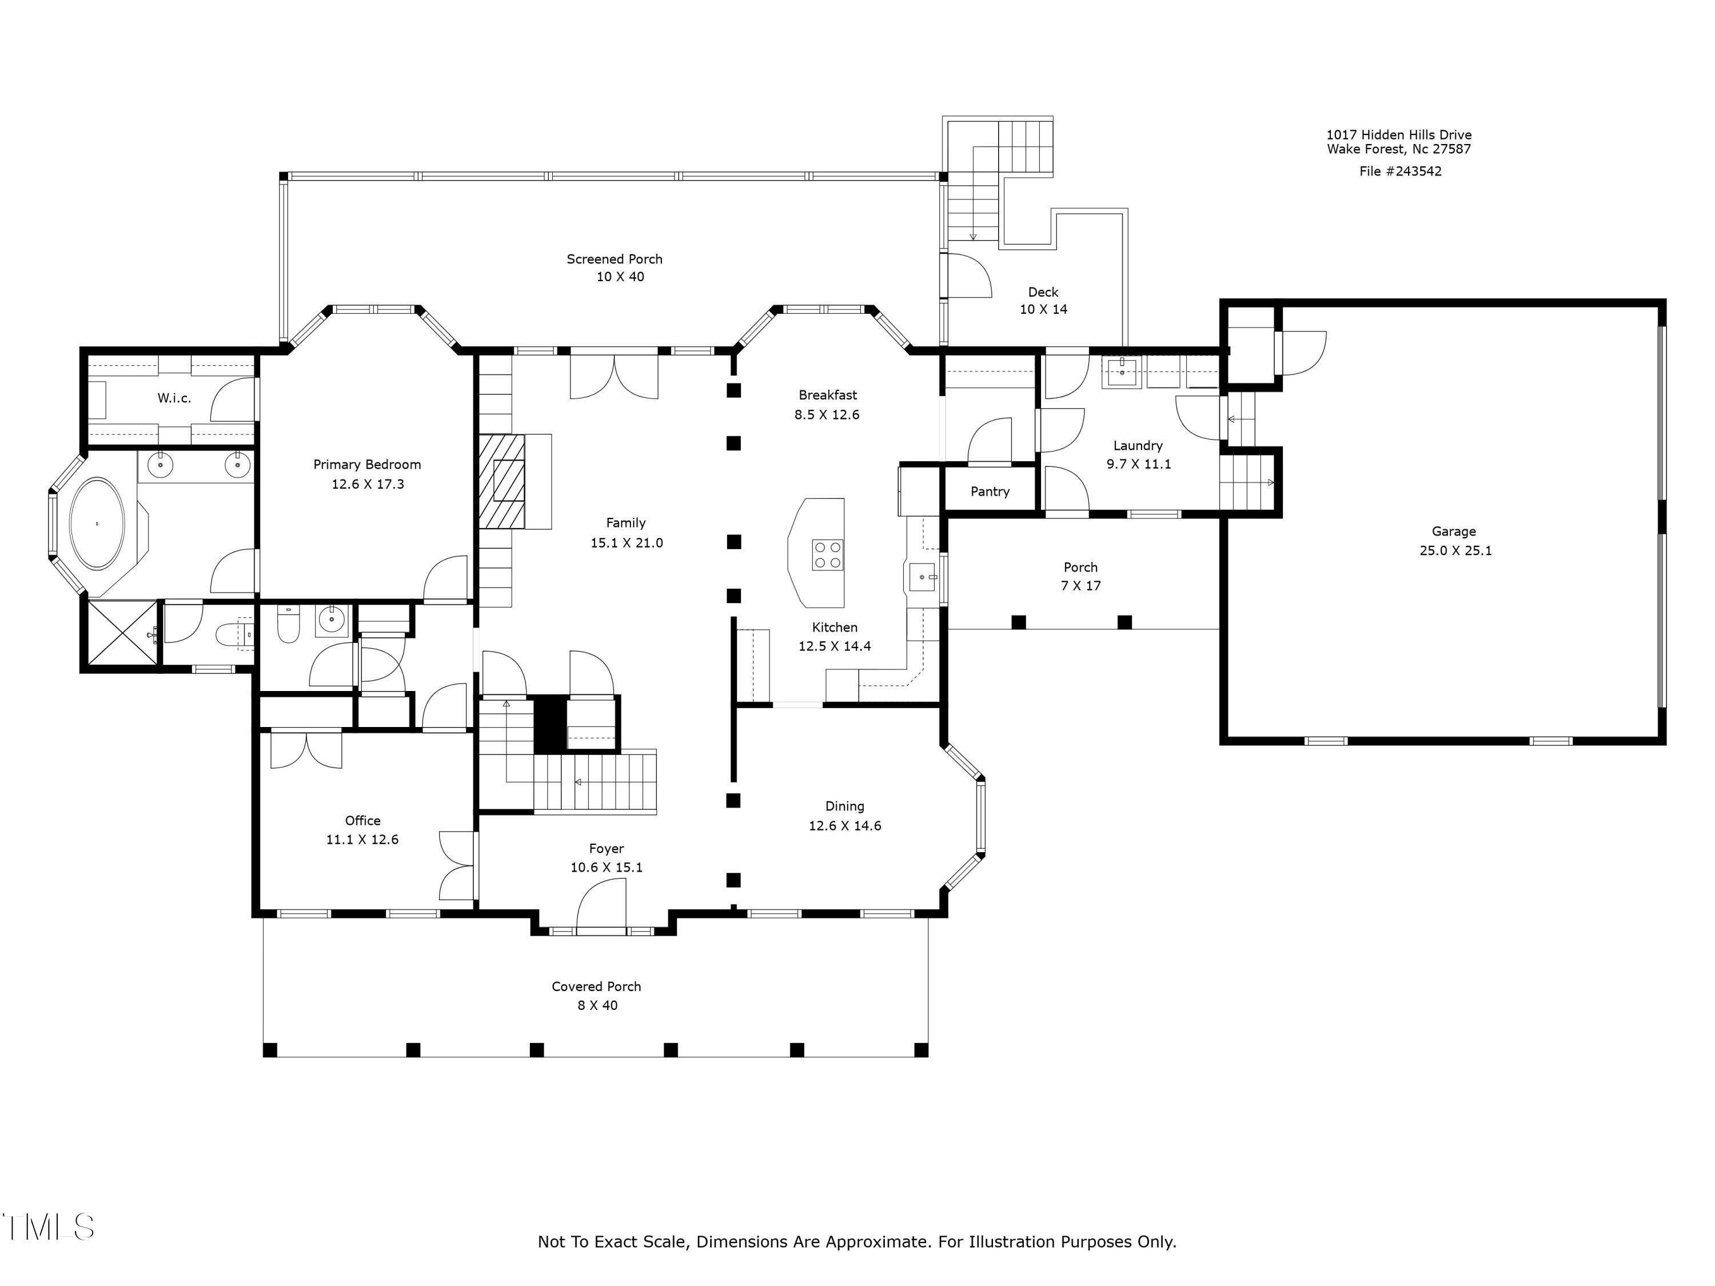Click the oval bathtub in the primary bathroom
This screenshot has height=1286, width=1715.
click(x=97, y=524)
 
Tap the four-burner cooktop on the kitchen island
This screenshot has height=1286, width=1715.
click(x=827, y=555)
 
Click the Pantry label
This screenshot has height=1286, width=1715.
click(x=990, y=492)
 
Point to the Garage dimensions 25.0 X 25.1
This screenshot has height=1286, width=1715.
click(x=1455, y=551)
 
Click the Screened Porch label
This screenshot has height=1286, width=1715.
click(x=615, y=259)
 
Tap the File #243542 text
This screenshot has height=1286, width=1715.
click(x=1400, y=171)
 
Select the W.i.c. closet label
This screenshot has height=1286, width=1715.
click(x=174, y=398)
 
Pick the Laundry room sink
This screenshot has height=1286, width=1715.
click(x=1122, y=372)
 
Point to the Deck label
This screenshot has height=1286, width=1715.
click(x=1043, y=292)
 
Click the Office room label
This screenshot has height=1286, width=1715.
click(x=363, y=821)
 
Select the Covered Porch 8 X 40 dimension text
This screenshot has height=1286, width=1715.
click(x=597, y=1006)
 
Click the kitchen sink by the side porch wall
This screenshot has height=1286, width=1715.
click(x=923, y=577)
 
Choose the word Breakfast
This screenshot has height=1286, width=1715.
click(x=828, y=396)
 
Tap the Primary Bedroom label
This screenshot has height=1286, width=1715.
click(x=368, y=464)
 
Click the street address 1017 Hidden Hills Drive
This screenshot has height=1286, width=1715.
click(x=1399, y=135)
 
